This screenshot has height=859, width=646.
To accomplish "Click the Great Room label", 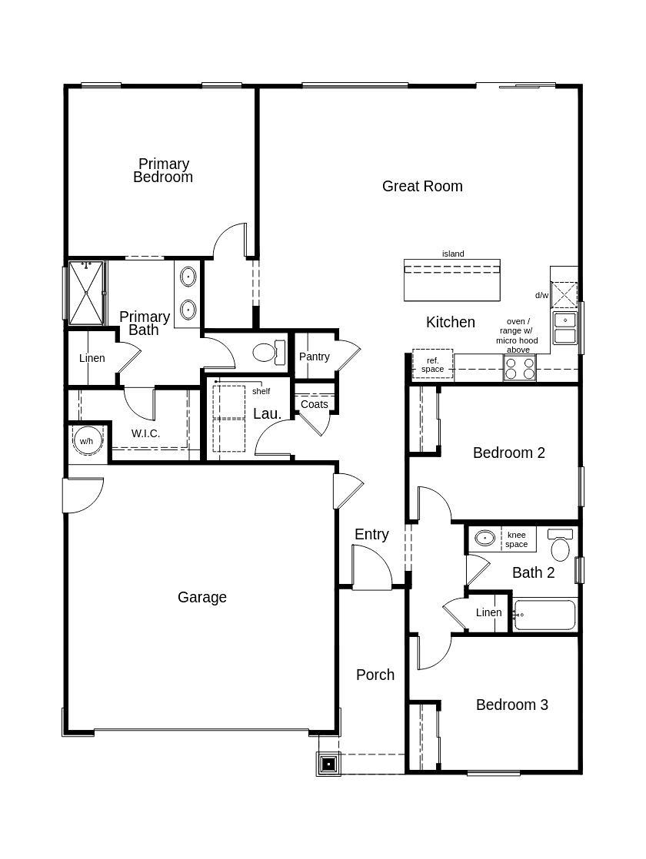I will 422,186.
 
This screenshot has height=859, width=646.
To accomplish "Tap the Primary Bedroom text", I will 163,171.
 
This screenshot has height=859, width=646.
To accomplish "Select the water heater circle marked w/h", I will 85,441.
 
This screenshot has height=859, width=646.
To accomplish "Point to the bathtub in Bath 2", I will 544,615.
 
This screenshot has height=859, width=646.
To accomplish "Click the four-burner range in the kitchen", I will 519,370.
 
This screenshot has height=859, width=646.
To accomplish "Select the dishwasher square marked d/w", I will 565,295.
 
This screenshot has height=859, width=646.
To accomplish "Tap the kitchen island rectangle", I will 452,280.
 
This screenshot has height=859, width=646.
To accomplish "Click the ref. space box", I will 432,365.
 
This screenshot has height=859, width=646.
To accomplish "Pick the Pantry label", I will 315,357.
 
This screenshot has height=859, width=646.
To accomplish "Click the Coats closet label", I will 315,404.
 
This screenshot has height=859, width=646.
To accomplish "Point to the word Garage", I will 202,597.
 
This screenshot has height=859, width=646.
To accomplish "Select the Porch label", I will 375,675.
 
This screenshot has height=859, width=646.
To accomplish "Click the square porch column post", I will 328,764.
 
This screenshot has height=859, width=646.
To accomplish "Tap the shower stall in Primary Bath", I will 85,294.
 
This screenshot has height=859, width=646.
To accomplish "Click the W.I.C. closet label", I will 145,433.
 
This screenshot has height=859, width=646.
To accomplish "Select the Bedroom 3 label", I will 511,705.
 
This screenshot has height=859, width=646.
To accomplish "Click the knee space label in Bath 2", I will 516,539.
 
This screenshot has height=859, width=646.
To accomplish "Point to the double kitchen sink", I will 564,328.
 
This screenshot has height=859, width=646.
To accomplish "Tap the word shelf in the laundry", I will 261,391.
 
